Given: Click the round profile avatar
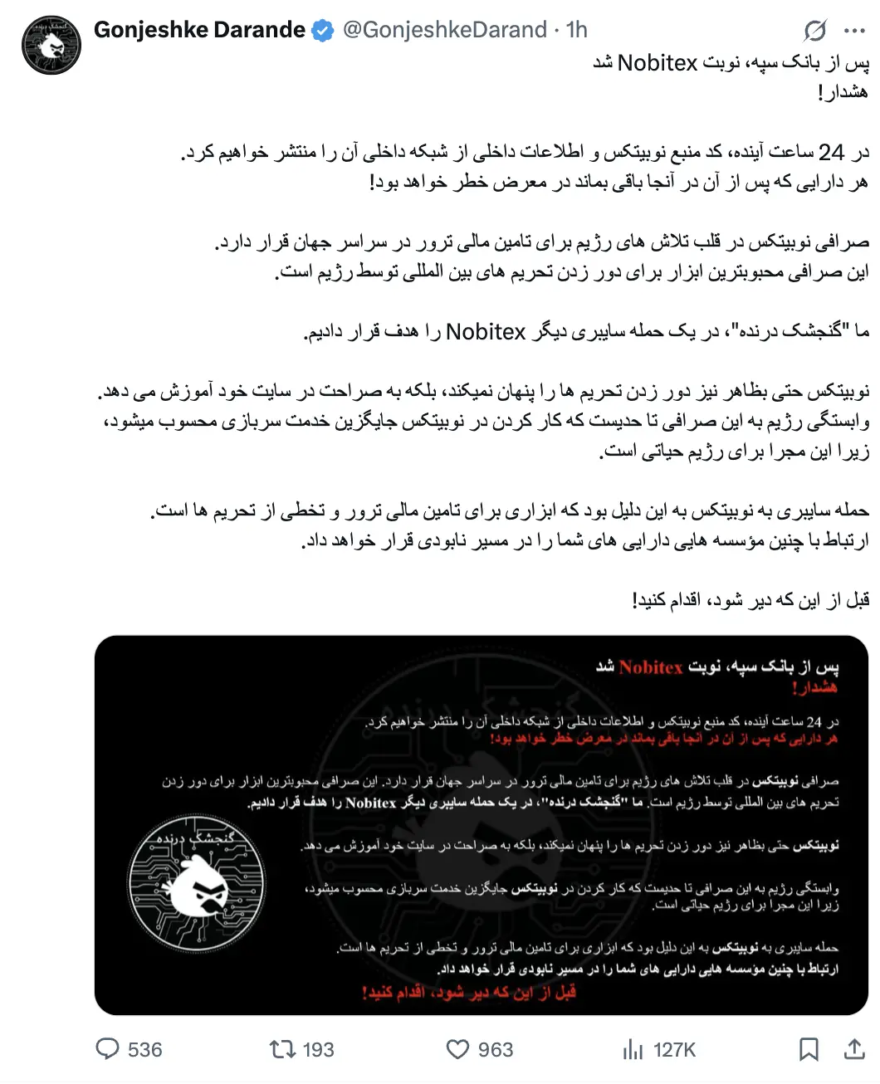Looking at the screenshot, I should pyautogui.click(x=51, y=44).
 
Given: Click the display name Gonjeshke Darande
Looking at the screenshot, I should pyautogui.click(x=199, y=31).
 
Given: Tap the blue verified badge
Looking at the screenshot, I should pyautogui.click(x=323, y=32).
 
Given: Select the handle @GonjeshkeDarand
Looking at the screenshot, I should pyautogui.click(x=444, y=31).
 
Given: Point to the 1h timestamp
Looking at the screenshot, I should pyautogui.click(x=576, y=31).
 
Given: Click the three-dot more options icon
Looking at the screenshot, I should pyautogui.click(x=854, y=32).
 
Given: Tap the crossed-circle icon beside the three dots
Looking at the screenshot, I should pyautogui.click(x=815, y=32).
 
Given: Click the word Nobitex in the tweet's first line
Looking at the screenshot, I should pyautogui.click(x=657, y=63).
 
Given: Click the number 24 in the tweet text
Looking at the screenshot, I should pyautogui.click(x=831, y=152).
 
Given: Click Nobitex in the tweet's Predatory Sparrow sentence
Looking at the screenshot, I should pyautogui.click(x=486, y=332).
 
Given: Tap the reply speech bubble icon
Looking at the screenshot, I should pyautogui.click(x=108, y=1049).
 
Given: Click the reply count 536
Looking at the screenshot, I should pyautogui.click(x=145, y=1050).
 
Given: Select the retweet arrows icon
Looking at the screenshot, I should pyautogui.click(x=283, y=1049).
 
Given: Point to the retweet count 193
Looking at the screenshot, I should pyautogui.click(x=318, y=1050).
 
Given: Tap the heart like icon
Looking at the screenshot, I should pyautogui.click(x=457, y=1049).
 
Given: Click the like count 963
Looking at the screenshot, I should pyautogui.click(x=496, y=1050).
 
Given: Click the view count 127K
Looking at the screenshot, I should pyautogui.click(x=674, y=1050).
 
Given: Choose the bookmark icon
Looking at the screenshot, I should pyautogui.click(x=808, y=1049).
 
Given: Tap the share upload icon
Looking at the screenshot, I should pyautogui.click(x=854, y=1049).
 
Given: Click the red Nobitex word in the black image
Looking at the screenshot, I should pyautogui.click(x=651, y=667).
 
